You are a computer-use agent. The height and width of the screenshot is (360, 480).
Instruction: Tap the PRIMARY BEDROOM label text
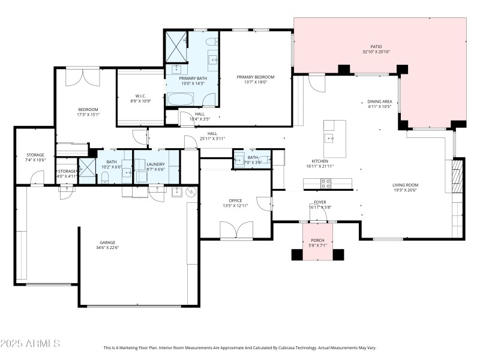click(255, 77)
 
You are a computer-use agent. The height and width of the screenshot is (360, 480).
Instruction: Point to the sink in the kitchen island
click(329, 138)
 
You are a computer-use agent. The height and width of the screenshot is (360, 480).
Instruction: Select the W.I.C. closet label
click(140, 96)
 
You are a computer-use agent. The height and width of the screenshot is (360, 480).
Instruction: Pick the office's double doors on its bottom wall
click(236, 230)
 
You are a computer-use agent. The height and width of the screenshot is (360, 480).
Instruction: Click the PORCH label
click(317, 240)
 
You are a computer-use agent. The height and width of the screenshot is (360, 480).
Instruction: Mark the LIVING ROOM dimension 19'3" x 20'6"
click(406, 191)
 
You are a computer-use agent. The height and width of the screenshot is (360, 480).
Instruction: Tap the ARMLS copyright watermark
click(30, 344)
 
